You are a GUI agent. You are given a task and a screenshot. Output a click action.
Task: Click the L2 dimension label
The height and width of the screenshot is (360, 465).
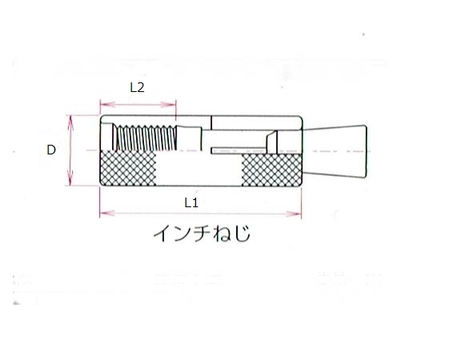pyautogui.click(x=137, y=88)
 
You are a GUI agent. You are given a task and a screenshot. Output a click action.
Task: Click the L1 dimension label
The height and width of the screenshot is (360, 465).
pyautogui.click(x=190, y=202)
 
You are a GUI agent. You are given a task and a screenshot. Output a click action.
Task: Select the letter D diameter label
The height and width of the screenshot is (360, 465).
pyautogui.click(x=51, y=150)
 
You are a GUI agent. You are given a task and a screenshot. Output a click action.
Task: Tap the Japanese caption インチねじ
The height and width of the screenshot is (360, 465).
pyautogui.click(x=201, y=234)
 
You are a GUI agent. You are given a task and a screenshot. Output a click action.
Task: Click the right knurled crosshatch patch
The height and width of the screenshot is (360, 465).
pyautogui.click(x=271, y=170)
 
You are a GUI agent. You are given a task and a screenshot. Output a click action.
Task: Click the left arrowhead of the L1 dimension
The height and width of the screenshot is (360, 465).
pyautogui.click(x=102, y=214)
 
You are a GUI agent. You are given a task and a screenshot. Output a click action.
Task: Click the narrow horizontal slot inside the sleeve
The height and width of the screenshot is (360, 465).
pyautogui.click(x=238, y=149)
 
